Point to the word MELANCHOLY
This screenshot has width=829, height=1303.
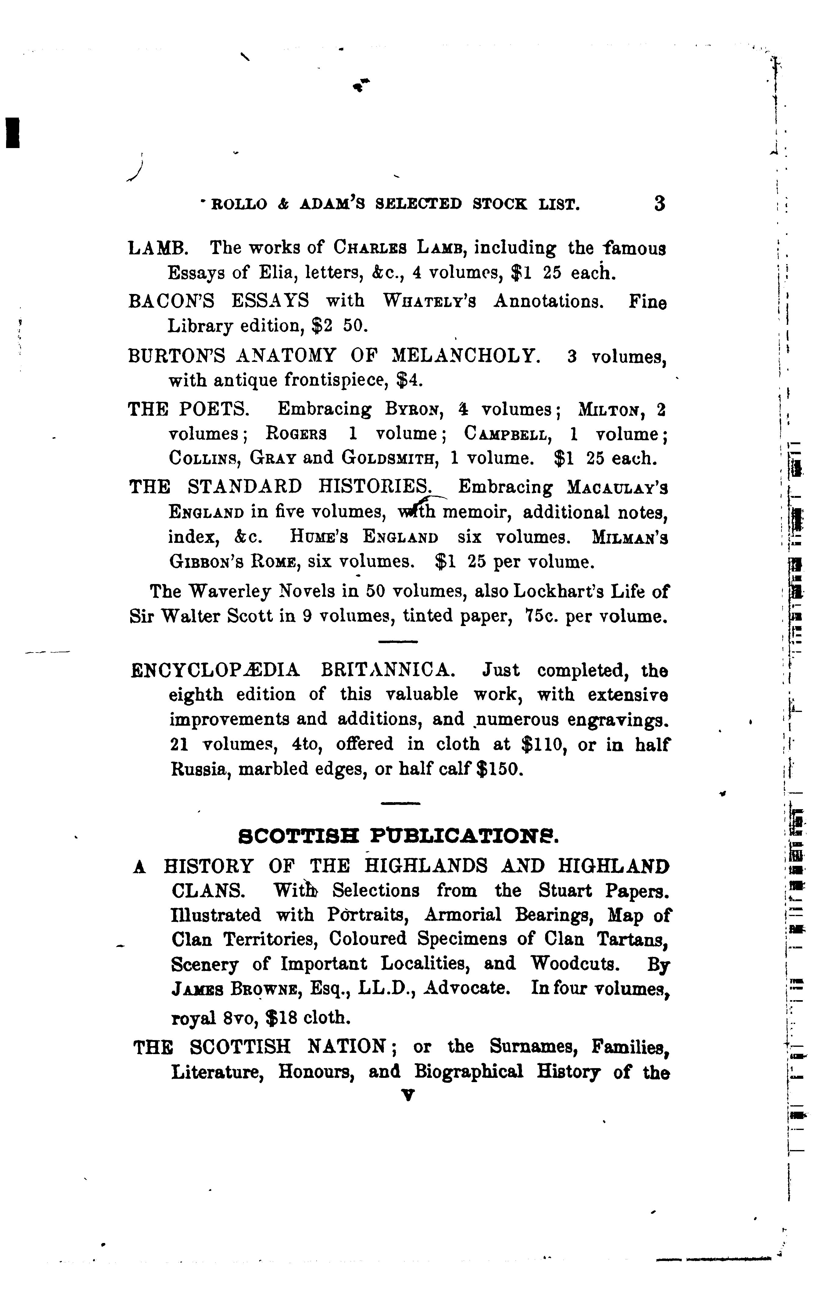click(x=465, y=356)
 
